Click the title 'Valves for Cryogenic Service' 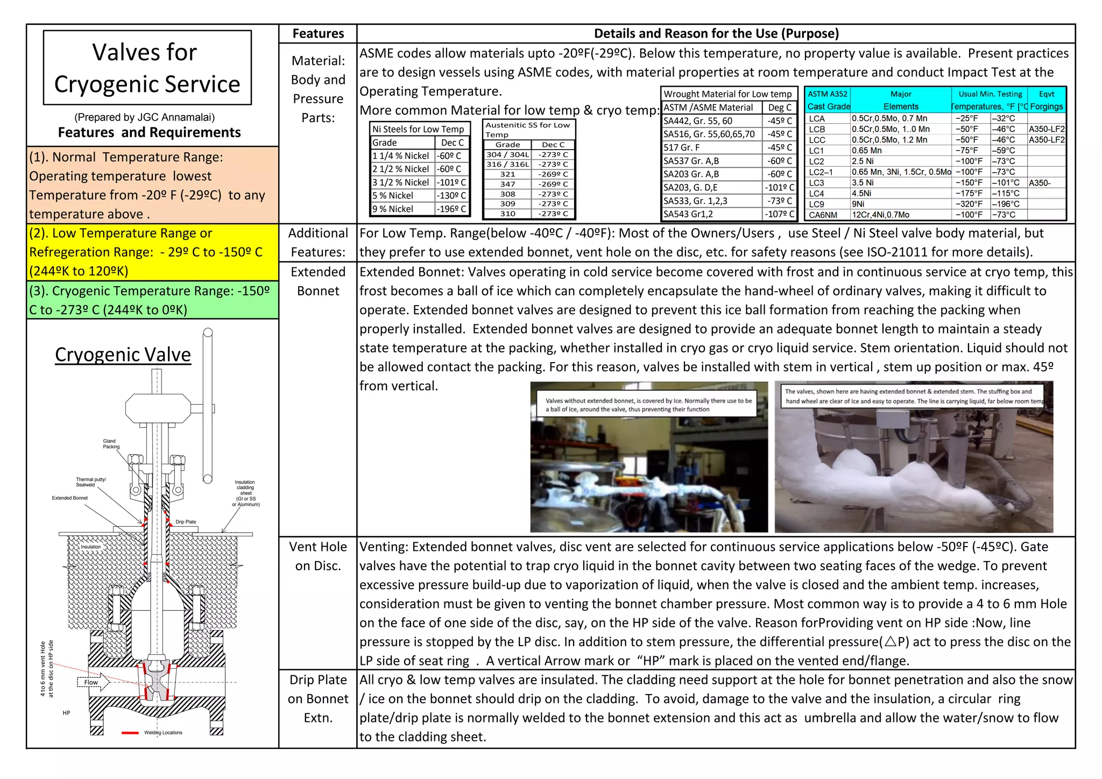(147, 68)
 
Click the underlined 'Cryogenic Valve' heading (123, 355)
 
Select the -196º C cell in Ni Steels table (451, 209)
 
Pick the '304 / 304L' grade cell (507, 154)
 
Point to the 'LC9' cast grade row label (816, 204)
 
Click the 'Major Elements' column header (901, 100)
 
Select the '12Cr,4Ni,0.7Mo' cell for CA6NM (880, 215)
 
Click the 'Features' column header (318, 33)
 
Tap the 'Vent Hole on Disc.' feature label (318, 556)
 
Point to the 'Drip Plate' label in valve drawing (186, 522)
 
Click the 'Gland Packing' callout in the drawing (111, 444)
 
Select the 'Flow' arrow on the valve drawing (93, 682)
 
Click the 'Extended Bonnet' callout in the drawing (70, 498)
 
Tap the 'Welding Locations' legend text (163, 733)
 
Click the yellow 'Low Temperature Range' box (152, 252)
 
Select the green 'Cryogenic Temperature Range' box (152, 300)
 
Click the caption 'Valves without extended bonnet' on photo (648, 405)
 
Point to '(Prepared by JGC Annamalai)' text (144, 117)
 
